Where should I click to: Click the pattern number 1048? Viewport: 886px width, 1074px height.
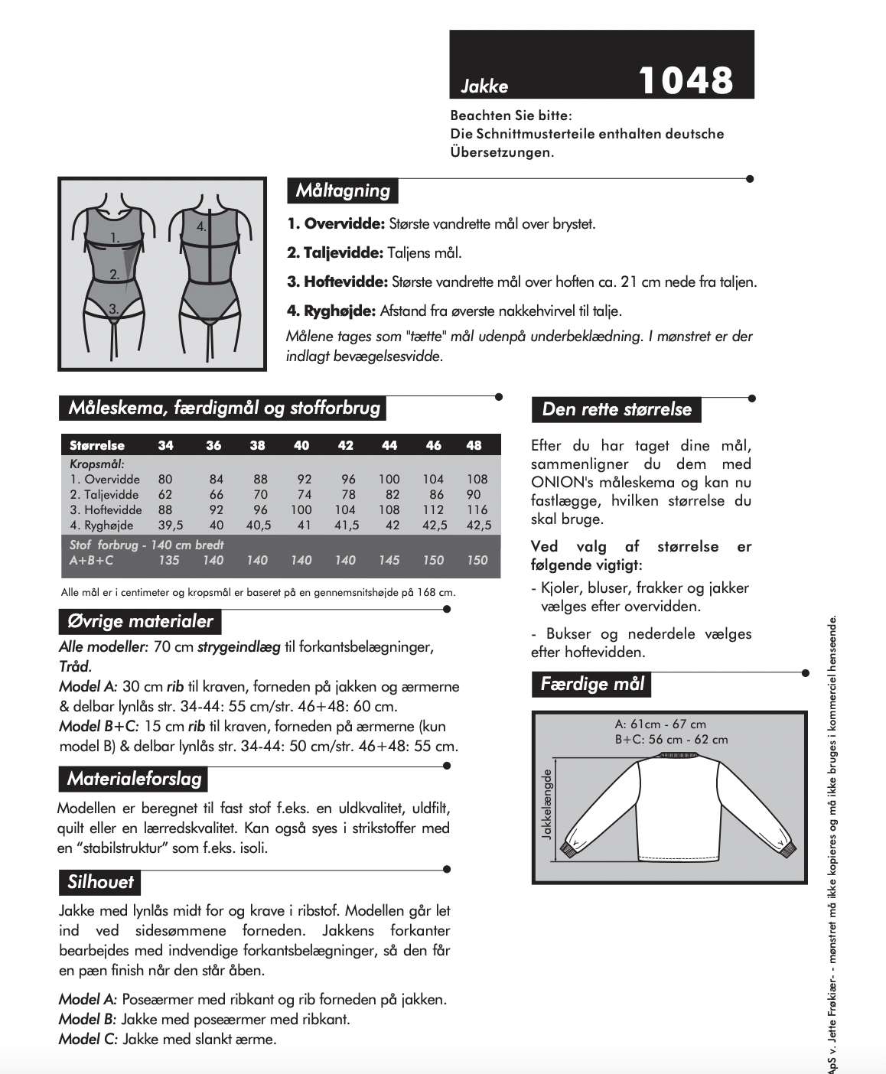click(x=685, y=80)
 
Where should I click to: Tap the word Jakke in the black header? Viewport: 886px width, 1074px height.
click(x=484, y=86)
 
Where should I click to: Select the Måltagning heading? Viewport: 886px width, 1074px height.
click(x=343, y=190)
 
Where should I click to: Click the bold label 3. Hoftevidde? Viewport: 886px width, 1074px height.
click(x=337, y=282)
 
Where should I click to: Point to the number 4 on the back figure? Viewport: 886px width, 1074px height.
click(x=201, y=226)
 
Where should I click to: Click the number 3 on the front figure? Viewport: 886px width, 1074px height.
click(x=113, y=309)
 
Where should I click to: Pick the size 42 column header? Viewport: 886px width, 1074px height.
click(x=346, y=445)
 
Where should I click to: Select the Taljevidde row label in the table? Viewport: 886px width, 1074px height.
click(x=105, y=495)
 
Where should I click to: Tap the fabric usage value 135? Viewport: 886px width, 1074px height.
click(x=168, y=560)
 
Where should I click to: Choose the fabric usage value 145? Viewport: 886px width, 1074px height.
click(x=389, y=560)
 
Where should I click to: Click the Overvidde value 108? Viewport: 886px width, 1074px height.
click(x=477, y=480)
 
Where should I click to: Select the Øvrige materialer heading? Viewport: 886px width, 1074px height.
click(x=140, y=621)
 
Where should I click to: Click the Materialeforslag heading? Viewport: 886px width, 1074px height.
click(x=134, y=779)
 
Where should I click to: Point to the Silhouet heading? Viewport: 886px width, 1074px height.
click(x=100, y=882)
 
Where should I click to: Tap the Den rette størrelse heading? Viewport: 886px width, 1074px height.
click(x=616, y=409)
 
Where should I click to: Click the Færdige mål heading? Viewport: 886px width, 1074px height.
click(x=592, y=684)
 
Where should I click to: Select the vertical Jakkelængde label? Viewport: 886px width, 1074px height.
click(x=546, y=804)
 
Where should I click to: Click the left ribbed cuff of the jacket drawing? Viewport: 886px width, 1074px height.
click(x=569, y=849)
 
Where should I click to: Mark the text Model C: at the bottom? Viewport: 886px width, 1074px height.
click(x=88, y=1039)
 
